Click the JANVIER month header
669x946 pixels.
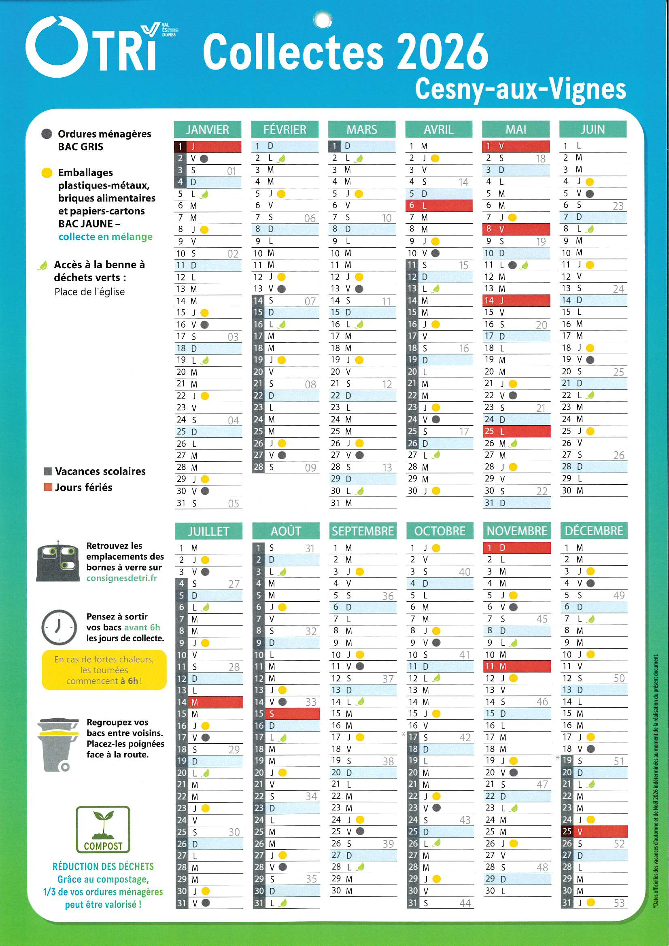coord(207,129)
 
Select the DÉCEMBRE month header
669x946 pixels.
coord(594,531)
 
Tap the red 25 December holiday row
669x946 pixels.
coord(594,831)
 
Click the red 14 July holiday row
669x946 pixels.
coord(208,702)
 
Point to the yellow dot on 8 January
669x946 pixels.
coord(204,229)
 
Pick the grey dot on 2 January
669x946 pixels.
coord(204,159)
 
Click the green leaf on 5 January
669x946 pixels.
coord(204,195)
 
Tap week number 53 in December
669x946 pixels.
coord(619,903)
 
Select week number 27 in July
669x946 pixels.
coord(234,584)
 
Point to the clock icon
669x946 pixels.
coord(59,627)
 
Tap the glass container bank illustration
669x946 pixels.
coord(58,561)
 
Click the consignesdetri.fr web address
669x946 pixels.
coord(121,578)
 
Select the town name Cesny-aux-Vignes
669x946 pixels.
coord(520,89)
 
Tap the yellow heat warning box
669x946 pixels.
coord(104,670)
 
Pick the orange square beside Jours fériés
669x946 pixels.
coord(48,487)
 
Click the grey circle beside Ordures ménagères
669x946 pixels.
coord(47,134)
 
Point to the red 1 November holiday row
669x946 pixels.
coord(516,547)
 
